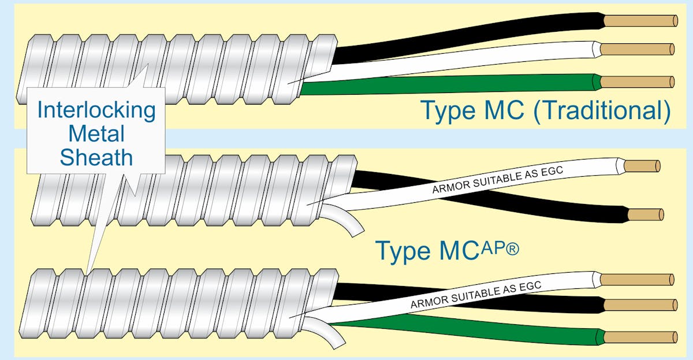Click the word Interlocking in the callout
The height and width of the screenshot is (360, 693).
96,110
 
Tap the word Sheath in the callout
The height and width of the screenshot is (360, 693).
96,157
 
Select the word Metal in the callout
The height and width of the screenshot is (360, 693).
96,134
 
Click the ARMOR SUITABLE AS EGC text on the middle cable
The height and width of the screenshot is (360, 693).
497,179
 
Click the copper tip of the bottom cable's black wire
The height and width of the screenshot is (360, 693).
638,305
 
